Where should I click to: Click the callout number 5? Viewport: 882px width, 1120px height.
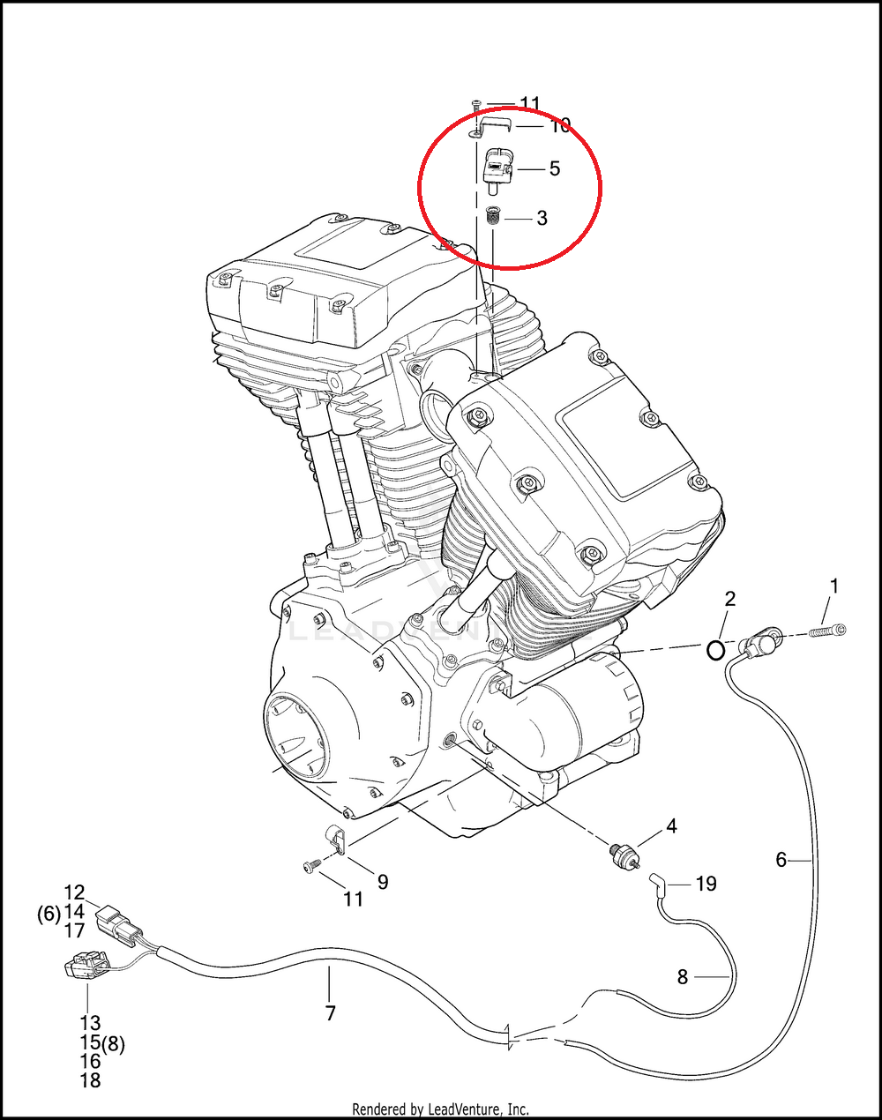coord(554,168)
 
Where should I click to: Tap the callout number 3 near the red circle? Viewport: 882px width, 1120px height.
coord(542,218)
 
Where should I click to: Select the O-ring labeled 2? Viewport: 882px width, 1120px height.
coord(715,651)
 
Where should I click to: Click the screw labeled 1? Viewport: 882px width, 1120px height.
coord(826,631)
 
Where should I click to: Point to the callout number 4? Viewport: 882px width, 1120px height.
coord(671,826)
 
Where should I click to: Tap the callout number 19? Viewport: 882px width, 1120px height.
coord(706,884)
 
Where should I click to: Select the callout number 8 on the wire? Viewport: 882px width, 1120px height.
coord(683,977)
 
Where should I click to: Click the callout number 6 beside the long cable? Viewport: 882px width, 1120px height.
coord(781,859)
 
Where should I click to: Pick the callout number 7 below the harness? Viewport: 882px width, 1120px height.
coord(331,1013)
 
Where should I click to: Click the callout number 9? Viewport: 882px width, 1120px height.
coord(383,881)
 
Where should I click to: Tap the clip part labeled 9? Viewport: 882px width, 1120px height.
coord(334,839)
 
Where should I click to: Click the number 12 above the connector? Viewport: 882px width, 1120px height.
coord(74,892)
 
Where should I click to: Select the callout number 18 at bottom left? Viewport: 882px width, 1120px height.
coord(90,1080)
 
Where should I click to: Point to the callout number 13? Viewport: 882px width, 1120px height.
coord(90,1024)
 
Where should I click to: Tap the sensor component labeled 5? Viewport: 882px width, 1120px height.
coord(498,168)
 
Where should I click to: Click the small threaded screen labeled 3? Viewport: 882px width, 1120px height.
coord(494,216)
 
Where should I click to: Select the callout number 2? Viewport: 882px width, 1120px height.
coord(729,600)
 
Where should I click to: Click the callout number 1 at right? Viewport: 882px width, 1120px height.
coord(833,586)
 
